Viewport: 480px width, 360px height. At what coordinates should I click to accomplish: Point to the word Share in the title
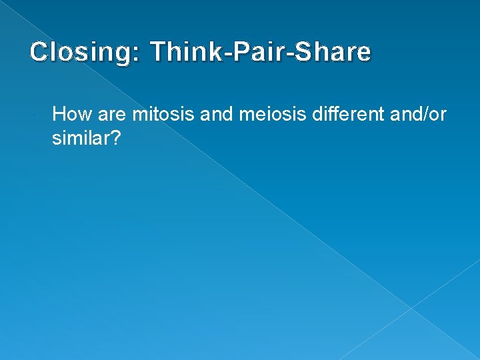(x=333, y=52)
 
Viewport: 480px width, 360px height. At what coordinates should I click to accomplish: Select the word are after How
(x=112, y=115)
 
